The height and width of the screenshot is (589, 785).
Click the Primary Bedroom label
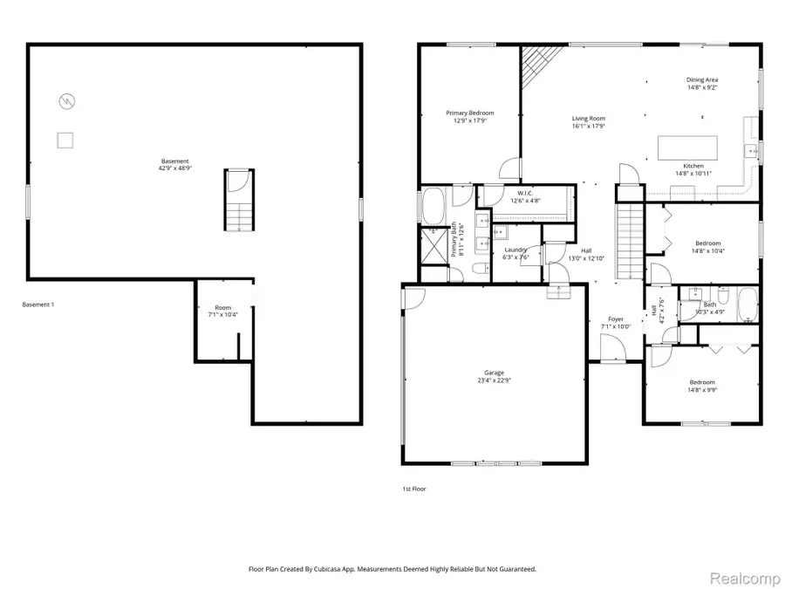click(470, 113)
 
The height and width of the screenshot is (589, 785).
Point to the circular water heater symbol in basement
click(65, 101)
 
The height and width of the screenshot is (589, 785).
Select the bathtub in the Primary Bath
click(433, 207)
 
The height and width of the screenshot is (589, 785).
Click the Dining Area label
click(702, 80)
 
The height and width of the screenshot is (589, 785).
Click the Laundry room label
click(515, 250)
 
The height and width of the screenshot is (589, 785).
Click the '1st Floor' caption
click(414, 489)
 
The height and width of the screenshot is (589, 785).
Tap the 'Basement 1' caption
click(38, 305)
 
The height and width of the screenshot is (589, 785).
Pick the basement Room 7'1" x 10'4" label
click(223, 308)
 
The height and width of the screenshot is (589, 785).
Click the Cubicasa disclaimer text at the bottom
click(392, 568)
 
